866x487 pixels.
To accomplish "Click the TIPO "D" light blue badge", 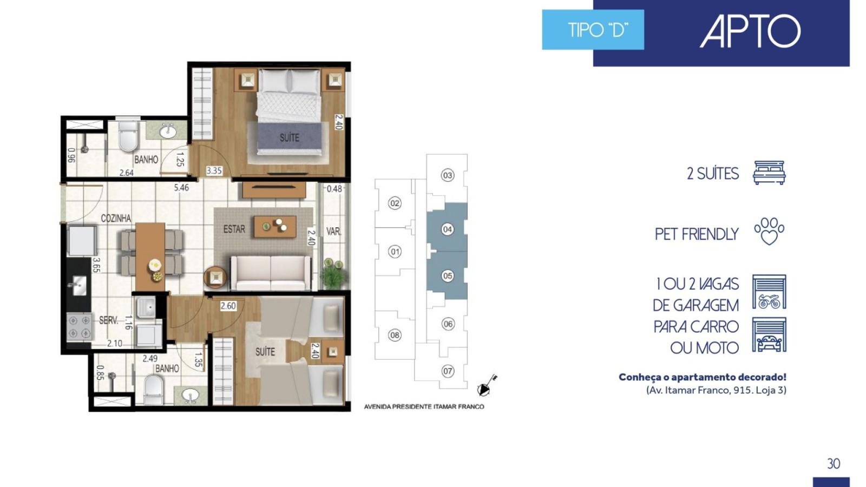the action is point(593,30).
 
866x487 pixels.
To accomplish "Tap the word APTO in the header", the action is point(750,31).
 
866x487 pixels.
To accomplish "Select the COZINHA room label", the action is point(116,219).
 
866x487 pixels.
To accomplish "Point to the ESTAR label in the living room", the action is point(234,229).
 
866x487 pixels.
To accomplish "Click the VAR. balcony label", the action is point(333,232).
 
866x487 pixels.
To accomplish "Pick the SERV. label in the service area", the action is point(109,320).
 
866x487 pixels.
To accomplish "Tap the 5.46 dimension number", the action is point(181,188).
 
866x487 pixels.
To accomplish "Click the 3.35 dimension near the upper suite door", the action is point(214,170).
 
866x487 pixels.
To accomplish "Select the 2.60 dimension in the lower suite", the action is point(228,306).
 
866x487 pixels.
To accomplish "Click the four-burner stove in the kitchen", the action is point(80,327).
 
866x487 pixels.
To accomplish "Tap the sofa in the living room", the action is point(271,273).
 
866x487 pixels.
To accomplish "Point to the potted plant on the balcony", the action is point(333,274).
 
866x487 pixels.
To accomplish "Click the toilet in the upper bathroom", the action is point(128,135).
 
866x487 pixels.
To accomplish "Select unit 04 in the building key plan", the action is point(447,229).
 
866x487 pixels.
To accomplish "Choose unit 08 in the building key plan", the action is point(395,335).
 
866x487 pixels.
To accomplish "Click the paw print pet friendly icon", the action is point(769,231).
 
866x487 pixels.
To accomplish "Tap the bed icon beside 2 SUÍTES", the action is point(769,173).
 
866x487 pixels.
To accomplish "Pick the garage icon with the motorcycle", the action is point(769,292).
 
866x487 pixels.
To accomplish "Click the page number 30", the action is point(834,463).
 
